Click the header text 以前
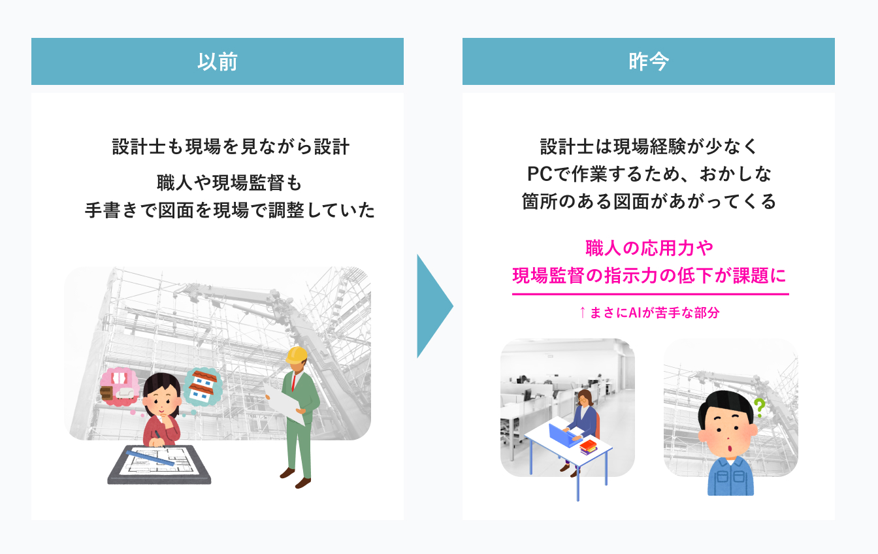217,61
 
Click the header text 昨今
648,61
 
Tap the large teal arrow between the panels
433,306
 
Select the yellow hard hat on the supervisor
297,355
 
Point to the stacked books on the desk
588,448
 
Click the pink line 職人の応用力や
649,248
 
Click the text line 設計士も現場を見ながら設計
231,146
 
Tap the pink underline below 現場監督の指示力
650,295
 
